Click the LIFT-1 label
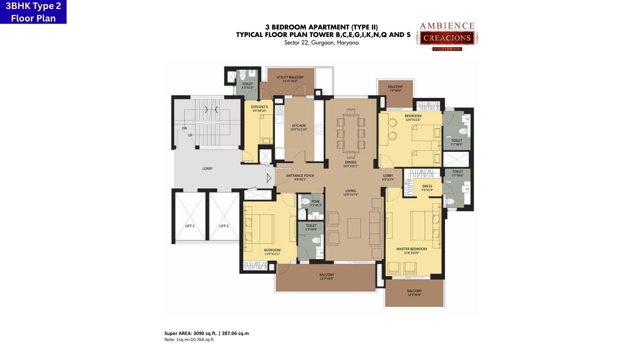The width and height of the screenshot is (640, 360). [x=190, y=226]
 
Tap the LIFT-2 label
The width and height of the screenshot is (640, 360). [x=223, y=226]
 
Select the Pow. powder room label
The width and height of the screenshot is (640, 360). [x=315, y=202]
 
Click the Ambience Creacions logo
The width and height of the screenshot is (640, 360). [x=446, y=36]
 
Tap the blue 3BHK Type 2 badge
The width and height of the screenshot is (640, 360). [x=33, y=12]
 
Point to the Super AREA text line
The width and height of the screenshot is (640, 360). [x=206, y=333]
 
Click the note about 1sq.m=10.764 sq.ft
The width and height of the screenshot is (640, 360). [x=189, y=339]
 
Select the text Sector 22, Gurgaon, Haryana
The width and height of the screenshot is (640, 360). [x=321, y=42]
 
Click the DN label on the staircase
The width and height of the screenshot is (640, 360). [x=184, y=128]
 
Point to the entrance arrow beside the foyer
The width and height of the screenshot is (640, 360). [x=268, y=177]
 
